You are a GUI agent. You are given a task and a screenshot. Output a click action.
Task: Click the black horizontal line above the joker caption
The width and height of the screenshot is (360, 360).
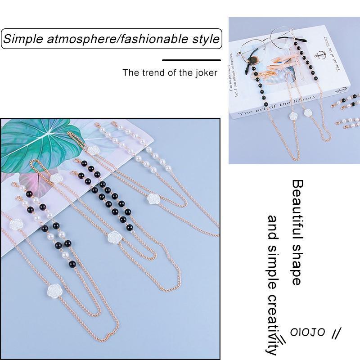(x=191, y=60)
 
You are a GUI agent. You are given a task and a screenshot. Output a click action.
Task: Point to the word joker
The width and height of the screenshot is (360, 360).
(x=205, y=72)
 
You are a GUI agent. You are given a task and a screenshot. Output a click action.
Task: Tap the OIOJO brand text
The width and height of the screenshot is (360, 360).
(x=307, y=333)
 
